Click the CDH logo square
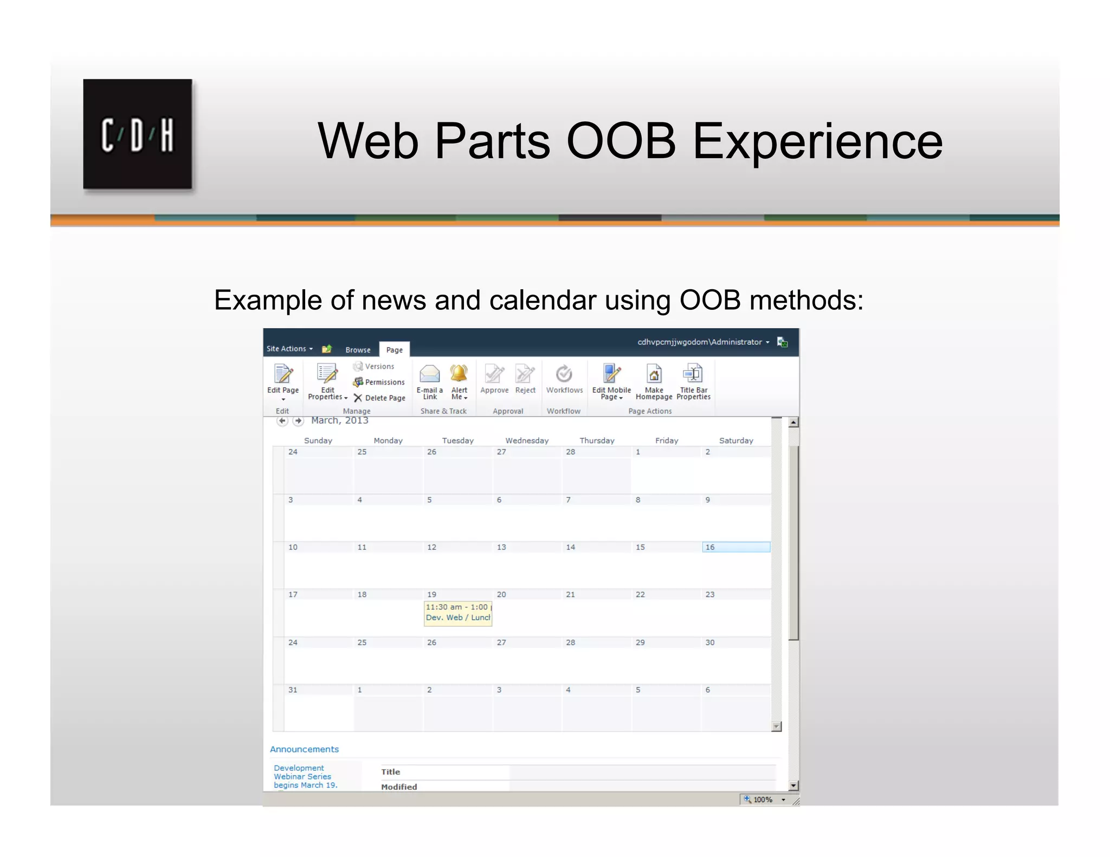coord(137,134)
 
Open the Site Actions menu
coord(289,349)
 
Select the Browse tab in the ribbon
coord(358,350)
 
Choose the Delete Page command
coord(380,398)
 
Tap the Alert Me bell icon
coord(459,374)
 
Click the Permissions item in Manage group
coord(379,382)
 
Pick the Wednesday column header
coord(526,440)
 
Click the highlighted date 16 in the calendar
coord(735,547)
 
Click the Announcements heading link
coord(304,749)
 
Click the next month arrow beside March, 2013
coord(298,421)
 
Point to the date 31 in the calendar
coord(293,690)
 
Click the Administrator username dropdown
coord(703,342)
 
